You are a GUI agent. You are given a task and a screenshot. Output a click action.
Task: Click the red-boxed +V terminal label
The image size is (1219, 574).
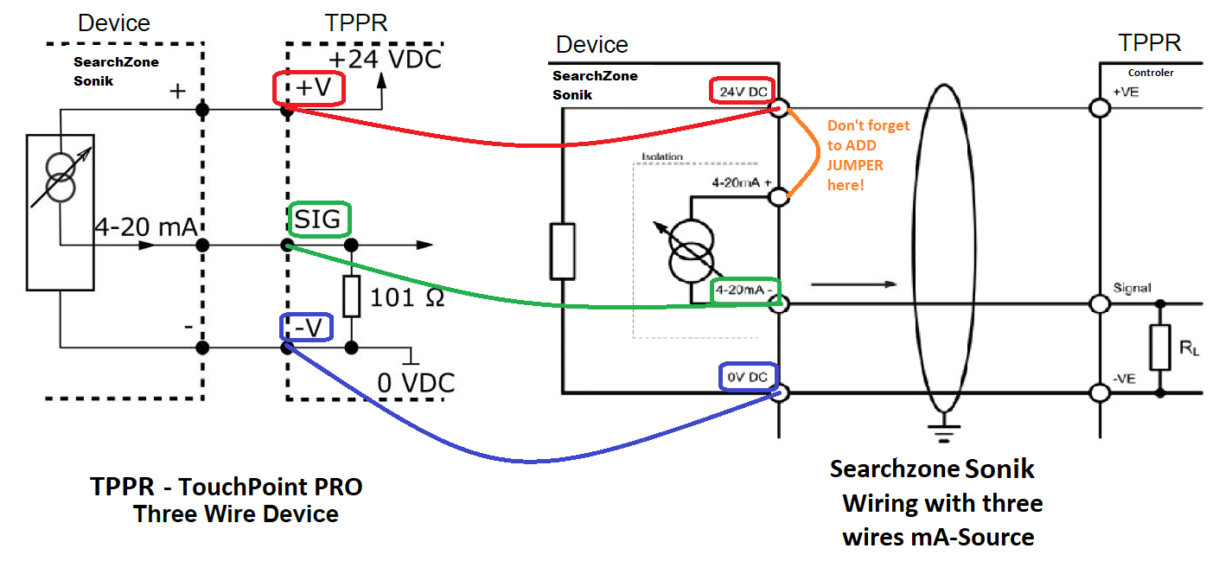[309, 89]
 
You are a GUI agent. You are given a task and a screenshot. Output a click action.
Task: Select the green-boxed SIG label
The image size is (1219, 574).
[319, 221]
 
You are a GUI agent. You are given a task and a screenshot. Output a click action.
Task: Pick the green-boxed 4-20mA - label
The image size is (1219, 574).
[744, 291]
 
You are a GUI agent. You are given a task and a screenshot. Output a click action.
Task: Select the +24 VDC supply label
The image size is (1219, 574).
[384, 59]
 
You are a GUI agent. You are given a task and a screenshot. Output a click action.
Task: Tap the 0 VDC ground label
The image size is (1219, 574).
[416, 382]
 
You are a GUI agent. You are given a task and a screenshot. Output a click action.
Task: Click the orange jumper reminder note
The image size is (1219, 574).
[868, 156]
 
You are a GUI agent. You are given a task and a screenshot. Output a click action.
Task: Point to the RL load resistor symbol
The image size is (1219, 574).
[1159, 347]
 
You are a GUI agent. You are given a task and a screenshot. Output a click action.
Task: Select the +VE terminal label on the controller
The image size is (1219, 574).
[1127, 92]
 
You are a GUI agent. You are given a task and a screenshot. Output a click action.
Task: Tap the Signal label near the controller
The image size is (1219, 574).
[1132, 288]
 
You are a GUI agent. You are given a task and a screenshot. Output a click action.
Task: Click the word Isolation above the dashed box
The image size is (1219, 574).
[662, 157]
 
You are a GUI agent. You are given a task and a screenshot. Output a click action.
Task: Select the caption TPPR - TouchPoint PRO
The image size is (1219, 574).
[227, 488]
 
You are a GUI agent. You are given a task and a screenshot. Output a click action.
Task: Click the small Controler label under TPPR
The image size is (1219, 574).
[1151, 73]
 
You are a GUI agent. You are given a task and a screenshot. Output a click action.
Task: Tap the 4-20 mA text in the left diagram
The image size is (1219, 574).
[144, 228]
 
